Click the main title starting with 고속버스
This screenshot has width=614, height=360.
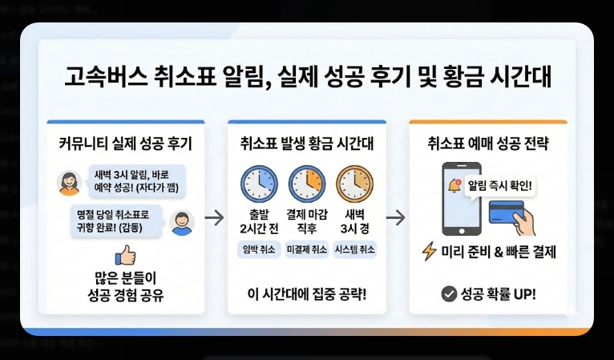pos(307,78)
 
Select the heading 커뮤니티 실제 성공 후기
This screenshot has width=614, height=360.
pos(125,144)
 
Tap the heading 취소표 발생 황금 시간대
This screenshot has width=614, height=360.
pos(307,144)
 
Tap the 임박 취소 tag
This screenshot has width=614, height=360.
pos(259,249)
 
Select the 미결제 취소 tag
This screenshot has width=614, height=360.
pos(307,249)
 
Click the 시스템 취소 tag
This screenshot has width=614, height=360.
pos(355,249)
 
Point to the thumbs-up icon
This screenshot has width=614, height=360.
pos(125,255)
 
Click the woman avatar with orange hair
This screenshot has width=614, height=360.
pos(68,184)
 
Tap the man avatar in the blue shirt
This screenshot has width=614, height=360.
pos(183,223)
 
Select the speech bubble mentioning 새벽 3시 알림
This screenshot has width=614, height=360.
pos(135,181)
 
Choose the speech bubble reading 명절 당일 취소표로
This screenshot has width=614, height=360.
pos(116,219)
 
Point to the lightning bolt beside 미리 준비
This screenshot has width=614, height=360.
pos(430,252)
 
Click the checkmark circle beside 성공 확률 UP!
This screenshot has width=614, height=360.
pos(448,294)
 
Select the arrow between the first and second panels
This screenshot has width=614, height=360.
pos(214,216)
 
